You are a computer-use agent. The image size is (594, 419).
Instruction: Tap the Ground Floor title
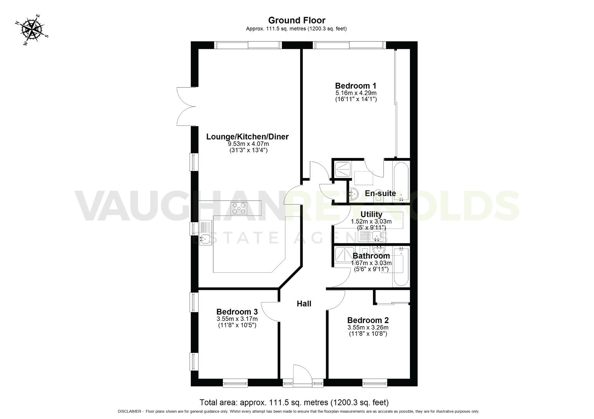[x=297, y=20]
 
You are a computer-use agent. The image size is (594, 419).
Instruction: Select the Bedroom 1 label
[x=356, y=86]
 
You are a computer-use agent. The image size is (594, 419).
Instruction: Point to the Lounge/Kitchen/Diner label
[x=247, y=137]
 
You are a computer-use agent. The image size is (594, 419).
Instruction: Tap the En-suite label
[x=380, y=193]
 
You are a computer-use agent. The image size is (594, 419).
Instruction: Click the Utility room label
[x=371, y=214]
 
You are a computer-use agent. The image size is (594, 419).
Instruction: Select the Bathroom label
[x=371, y=256]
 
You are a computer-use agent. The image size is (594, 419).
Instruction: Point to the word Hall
[x=304, y=304]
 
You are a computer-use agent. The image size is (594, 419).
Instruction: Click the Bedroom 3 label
[x=237, y=312]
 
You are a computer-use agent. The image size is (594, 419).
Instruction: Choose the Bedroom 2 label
[x=368, y=320]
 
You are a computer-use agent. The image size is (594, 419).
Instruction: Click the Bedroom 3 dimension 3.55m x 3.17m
[x=237, y=319]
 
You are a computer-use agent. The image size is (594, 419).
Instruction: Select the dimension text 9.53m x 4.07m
[x=248, y=144]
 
